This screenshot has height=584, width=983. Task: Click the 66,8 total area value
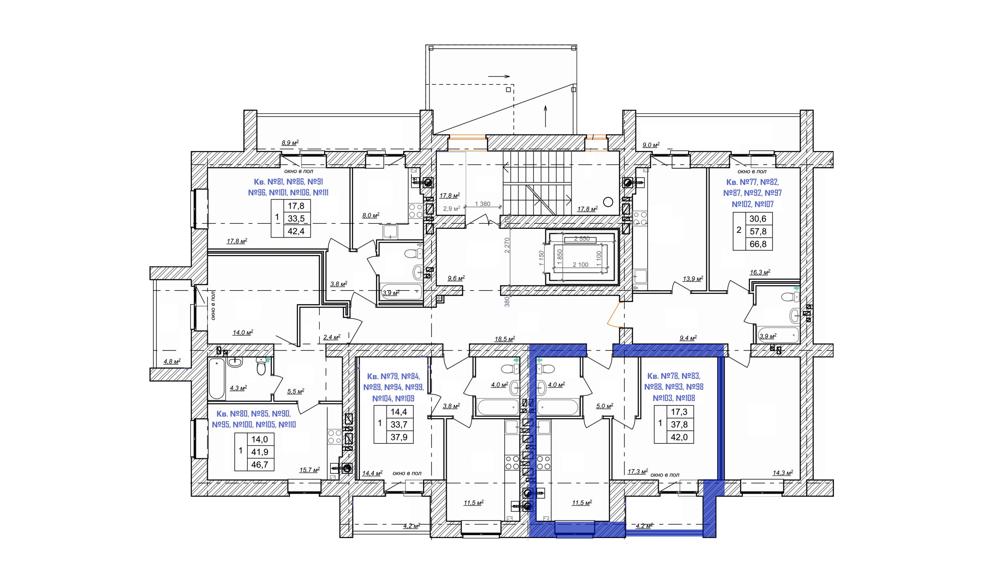pos(758,244)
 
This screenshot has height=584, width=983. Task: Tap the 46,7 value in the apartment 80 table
pos(259,465)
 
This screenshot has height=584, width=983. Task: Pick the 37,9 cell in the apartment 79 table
pos(399,437)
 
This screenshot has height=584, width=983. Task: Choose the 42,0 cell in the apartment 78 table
pos(679,437)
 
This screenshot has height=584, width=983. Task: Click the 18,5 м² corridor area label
pos(505,338)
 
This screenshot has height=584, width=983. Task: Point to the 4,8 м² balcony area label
pos(172,361)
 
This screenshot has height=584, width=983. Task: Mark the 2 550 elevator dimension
pos(582,239)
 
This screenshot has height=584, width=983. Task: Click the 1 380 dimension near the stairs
pos(483,204)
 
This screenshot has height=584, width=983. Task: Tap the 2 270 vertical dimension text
pos(507,245)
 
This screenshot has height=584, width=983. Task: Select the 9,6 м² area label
pos(456,278)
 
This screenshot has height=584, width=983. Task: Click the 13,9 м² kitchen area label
pos(693,279)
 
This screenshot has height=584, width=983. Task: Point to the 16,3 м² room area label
pos(760,272)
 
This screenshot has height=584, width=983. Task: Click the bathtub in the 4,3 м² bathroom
pos(217,378)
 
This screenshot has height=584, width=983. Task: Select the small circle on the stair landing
pos(608,202)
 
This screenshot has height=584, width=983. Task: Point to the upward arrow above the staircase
pos(546,116)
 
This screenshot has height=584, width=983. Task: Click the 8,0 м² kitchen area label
pos(370,215)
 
